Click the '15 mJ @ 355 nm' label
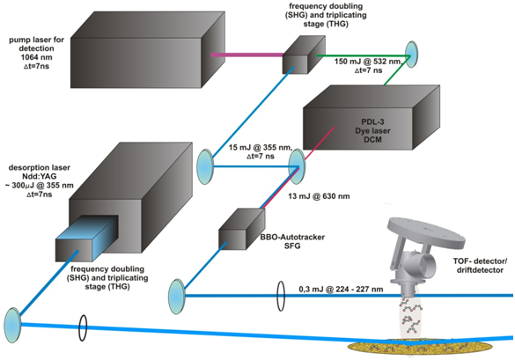pos(259,148)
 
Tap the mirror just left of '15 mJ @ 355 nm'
pos(204,164)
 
